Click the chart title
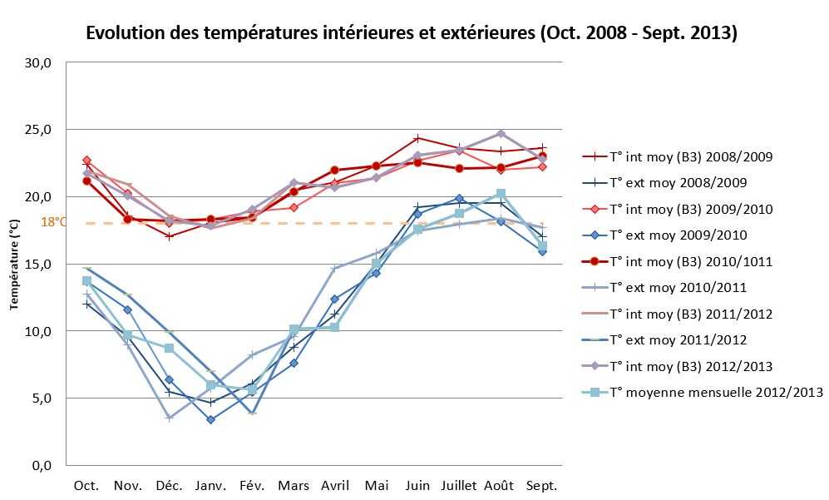pos(412,33)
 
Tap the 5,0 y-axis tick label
pos(42,399)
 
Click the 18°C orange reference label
pos(52,223)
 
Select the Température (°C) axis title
pos(14,265)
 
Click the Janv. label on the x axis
pos(210,486)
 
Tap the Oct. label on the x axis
pos(86,486)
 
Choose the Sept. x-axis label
pos(542,486)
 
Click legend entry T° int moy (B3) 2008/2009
pos(692,156)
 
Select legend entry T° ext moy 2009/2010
pos(678,235)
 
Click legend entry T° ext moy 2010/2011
pos(678,288)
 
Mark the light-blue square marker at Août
pos(501,194)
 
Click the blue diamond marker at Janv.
pos(210,419)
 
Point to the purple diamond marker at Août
pos(501,134)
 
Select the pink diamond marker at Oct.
pos(86,160)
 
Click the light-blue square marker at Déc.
pos(169,348)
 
